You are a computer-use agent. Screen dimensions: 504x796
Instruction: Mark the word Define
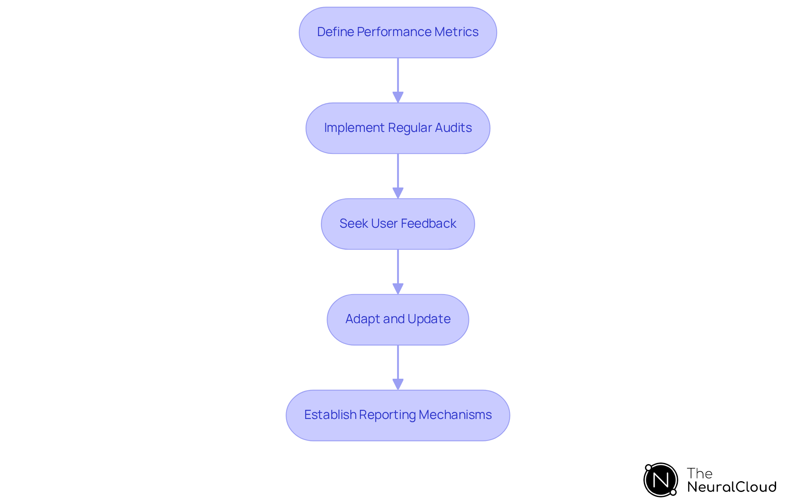tap(335, 32)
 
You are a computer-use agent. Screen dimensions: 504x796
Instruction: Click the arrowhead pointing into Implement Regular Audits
tap(398, 97)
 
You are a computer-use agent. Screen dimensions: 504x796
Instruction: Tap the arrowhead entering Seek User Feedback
tap(398, 193)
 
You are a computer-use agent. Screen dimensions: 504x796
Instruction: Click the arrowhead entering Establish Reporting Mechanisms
tap(398, 384)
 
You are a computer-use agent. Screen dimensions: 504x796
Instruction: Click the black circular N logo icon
tap(660, 480)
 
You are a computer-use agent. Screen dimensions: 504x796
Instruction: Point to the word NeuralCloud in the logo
tap(731, 487)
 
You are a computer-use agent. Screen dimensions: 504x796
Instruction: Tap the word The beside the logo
tap(699, 473)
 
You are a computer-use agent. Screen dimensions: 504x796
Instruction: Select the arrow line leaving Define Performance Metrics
tap(398, 75)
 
